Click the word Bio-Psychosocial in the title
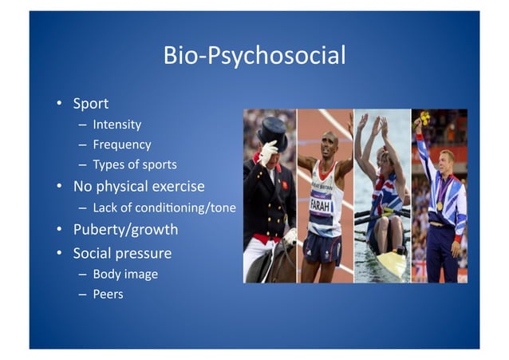pos(254,56)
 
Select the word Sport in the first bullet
pos(91,104)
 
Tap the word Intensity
pos(116,125)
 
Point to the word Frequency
pos(121,144)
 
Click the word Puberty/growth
pos(125,230)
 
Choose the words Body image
pos(125,275)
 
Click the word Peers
pos(108,295)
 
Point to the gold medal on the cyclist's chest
pos(439,205)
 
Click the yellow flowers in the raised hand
pos(424,118)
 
